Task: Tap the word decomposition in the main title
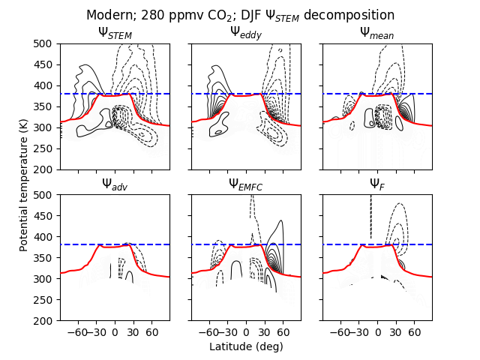(352, 15)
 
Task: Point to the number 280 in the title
(151, 15)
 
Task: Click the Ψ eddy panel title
(246, 32)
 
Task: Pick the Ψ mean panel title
(376, 32)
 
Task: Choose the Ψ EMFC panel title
(246, 184)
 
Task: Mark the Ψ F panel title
(376, 184)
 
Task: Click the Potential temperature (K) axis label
(24, 182)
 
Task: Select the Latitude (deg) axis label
(246, 346)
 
